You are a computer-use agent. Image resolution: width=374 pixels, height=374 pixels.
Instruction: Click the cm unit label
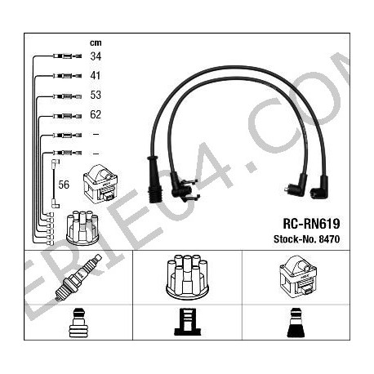coord(96,42)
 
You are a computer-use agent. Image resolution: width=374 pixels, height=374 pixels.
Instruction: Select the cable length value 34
coord(96,56)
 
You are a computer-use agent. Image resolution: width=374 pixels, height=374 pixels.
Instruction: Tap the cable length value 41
coord(96,75)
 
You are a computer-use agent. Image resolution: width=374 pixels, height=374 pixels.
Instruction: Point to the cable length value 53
coord(96,95)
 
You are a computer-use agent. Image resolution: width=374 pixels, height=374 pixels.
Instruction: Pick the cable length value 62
coord(96,114)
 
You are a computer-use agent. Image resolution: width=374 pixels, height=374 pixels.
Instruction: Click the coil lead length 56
coord(64,185)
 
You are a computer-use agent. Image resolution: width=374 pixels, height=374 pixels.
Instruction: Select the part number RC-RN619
coord(311,224)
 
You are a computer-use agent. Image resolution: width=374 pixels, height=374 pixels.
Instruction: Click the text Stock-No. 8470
coord(307,239)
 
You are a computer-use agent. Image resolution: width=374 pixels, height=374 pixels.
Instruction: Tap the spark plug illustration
coord(78,278)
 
